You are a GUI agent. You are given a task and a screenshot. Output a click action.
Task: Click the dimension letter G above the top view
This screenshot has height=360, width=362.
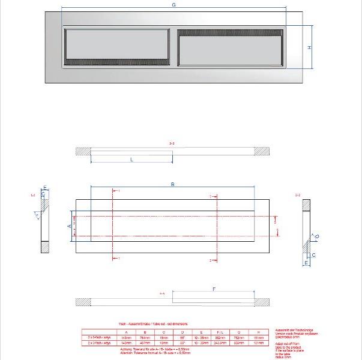pyautogui.click(x=173, y=5)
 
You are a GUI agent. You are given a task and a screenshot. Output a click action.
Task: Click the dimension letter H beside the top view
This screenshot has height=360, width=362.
pyautogui.click(x=310, y=48)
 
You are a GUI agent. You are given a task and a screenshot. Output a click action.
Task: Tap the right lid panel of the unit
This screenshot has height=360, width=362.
pyautogui.click(x=230, y=50)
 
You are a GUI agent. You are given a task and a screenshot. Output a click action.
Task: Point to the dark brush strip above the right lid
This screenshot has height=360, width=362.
pyautogui.click(x=230, y=32)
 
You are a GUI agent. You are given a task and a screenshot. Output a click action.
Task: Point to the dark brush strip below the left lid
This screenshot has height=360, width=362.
pyautogui.click(x=116, y=61)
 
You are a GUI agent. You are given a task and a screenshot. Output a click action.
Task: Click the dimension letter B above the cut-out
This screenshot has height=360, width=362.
pyautogui.click(x=173, y=185)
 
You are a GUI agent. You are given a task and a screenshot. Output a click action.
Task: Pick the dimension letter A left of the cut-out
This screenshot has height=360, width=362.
pyautogui.click(x=69, y=226)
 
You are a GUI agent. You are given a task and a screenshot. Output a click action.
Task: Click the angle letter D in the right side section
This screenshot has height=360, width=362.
pyautogui.click(x=318, y=237)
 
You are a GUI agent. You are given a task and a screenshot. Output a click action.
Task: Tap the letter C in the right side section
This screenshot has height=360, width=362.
pyautogui.click(x=313, y=254)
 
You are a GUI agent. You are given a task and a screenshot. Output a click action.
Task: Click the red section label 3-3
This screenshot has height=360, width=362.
pyautogui.click(x=172, y=143)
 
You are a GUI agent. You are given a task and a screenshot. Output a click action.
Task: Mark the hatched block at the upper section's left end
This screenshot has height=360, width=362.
pyautogui.click(x=83, y=151)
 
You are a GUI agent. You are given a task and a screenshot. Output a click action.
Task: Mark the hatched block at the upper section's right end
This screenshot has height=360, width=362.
pyautogui.click(x=261, y=151)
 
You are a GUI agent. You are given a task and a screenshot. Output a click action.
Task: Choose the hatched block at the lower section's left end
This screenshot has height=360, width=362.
pyautogui.click(x=83, y=301)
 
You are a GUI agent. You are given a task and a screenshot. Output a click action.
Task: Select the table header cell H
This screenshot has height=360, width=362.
pyautogui.click(x=258, y=332)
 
